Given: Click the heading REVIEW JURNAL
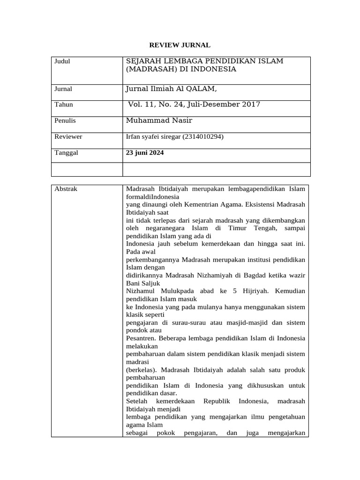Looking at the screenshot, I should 180,45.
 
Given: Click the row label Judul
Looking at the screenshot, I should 62,61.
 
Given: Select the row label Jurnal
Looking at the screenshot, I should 64,89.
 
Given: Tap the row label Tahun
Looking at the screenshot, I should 64,105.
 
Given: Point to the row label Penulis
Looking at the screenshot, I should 65,120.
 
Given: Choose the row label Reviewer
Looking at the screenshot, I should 68,136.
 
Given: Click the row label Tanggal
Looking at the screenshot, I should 67,152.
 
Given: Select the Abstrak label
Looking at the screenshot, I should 66,189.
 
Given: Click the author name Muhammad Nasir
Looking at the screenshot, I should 159,120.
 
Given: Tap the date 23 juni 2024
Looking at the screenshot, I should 145,152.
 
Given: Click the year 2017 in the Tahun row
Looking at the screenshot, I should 251,104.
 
